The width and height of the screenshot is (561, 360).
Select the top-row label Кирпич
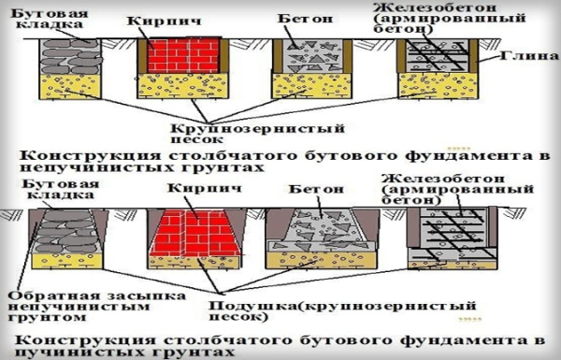click(x=171, y=19)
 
